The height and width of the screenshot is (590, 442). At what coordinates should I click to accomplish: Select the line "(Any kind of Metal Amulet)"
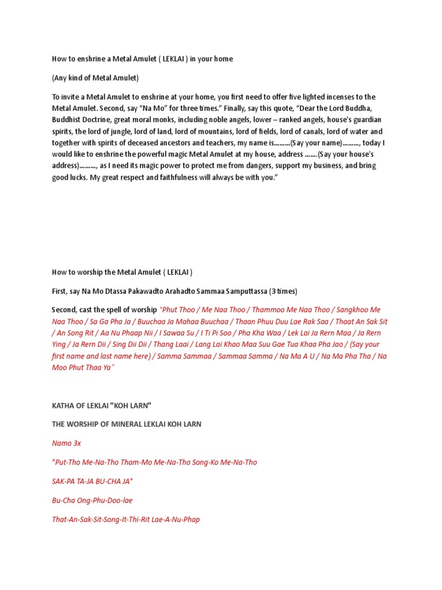point(96,78)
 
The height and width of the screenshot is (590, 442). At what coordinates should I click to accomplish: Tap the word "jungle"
point(128,131)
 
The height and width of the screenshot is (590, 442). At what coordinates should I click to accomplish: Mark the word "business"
point(318,165)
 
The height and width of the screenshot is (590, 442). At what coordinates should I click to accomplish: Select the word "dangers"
point(230,165)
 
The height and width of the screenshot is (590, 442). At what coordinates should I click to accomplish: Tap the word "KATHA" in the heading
point(63,406)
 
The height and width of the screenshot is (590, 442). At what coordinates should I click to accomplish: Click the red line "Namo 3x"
point(66,444)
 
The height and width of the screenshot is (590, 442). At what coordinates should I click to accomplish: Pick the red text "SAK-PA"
point(64,481)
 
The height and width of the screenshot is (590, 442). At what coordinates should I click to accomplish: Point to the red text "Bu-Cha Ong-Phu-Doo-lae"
point(92,500)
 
